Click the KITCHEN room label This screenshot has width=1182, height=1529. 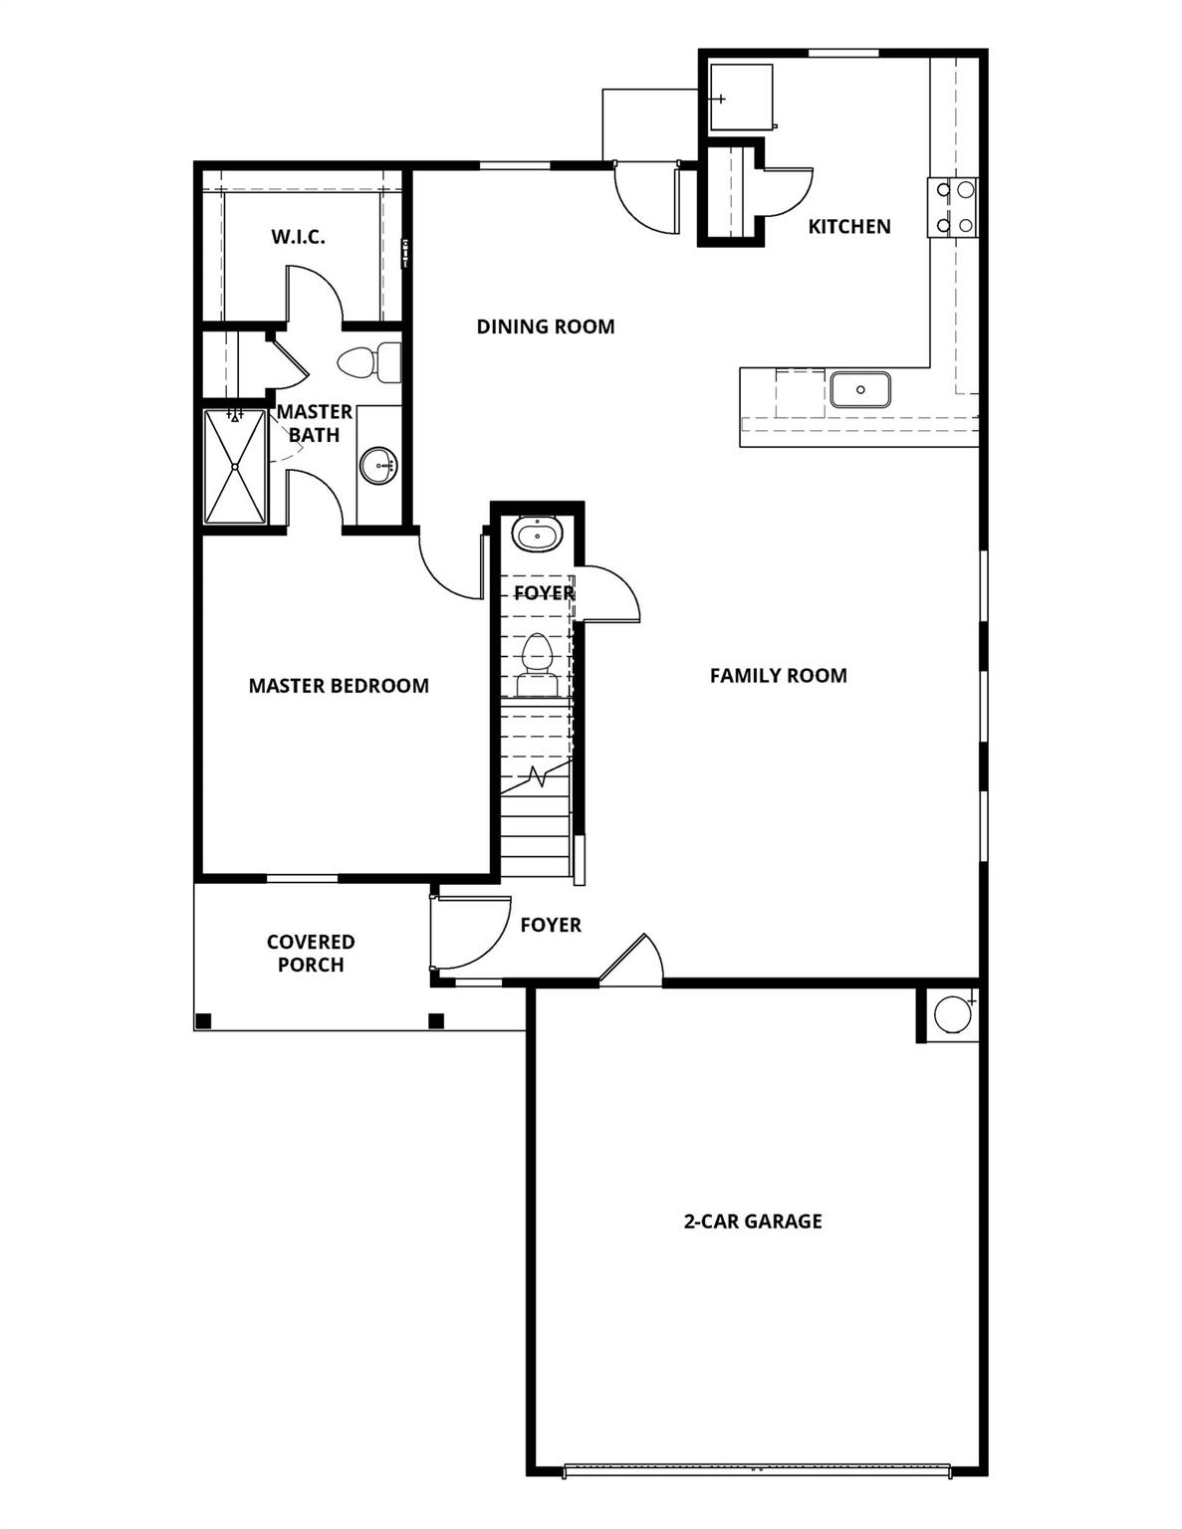(x=848, y=227)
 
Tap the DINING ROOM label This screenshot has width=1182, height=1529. (x=545, y=327)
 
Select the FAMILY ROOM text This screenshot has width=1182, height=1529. (x=778, y=676)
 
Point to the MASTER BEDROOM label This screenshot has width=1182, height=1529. (x=339, y=686)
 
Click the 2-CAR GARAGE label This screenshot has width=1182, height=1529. (x=752, y=1221)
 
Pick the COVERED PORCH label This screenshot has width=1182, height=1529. (x=311, y=954)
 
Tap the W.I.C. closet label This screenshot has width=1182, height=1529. (x=298, y=238)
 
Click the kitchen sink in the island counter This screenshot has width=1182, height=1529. (x=859, y=389)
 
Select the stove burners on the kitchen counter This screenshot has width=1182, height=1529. (x=953, y=207)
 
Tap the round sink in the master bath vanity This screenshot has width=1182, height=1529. (x=377, y=465)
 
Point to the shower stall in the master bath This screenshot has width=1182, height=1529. (x=235, y=466)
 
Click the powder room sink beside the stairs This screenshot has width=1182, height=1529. (x=538, y=536)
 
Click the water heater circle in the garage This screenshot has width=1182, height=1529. (x=951, y=1014)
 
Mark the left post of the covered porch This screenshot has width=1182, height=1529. (x=204, y=1020)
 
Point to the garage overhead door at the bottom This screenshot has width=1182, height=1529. (x=757, y=1468)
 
